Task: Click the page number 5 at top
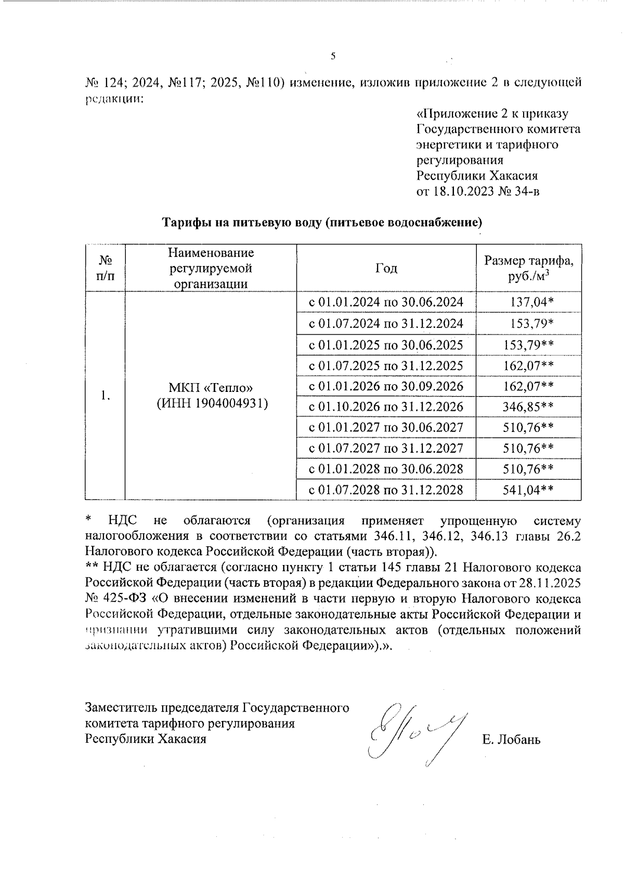pyautogui.click(x=333, y=57)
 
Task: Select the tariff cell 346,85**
pyautogui.click(x=528, y=406)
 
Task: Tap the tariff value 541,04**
pyautogui.click(x=528, y=490)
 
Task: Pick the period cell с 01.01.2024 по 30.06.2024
pyautogui.click(x=386, y=302)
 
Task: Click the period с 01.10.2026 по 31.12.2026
pyautogui.click(x=386, y=406)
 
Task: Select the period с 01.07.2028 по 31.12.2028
pyautogui.click(x=386, y=490)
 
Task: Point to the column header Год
pyautogui.click(x=386, y=268)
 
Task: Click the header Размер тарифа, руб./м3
pyautogui.click(x=529, y=268)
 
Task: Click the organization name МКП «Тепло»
pyautogui.click(x=211, y=388)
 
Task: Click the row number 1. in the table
pyautogui.click(x=106, y=396)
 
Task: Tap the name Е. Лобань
pyautogui.click(x=511, y=739)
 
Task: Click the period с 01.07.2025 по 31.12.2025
pyautogui.click(x=386, y=365)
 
